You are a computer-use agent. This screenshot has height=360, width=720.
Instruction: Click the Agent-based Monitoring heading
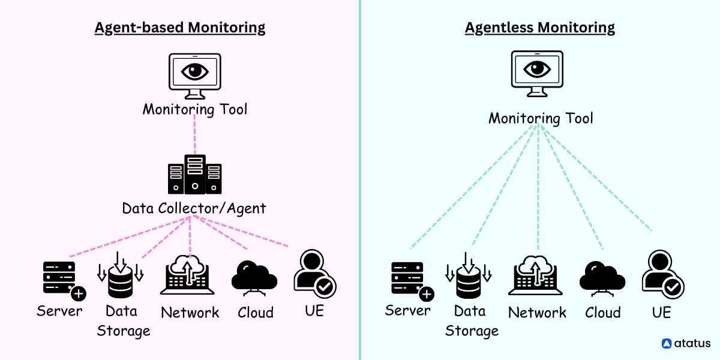[179, 28]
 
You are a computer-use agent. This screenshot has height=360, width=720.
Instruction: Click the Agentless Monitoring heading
[539, 28]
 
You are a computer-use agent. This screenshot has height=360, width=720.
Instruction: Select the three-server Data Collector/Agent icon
[194, 175]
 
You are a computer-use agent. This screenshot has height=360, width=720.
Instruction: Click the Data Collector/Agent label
[194, 209]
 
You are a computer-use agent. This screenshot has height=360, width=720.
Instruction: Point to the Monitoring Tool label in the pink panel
[194, 110]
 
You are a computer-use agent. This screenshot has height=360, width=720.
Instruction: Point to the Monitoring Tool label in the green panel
[541, 118]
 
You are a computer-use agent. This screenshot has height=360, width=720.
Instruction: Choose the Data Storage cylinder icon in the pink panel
[121, 276]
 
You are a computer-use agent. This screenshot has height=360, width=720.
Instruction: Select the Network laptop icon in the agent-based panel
[187, 277]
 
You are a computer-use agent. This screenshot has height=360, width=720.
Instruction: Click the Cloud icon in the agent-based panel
[254, 278]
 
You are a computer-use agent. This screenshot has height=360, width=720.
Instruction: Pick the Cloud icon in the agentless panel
[602, 278]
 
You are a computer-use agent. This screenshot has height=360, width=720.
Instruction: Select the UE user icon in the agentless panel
[662, 274]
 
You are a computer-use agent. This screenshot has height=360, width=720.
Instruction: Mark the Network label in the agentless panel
[537, 313]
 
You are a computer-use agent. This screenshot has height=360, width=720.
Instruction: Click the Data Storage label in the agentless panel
[471, 321]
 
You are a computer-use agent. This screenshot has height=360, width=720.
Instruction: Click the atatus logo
[686, 344]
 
